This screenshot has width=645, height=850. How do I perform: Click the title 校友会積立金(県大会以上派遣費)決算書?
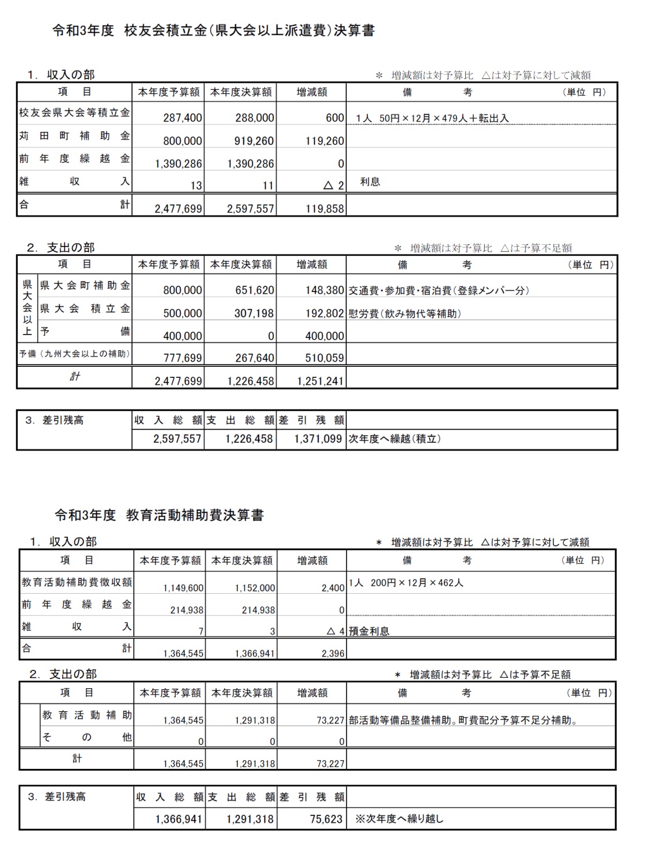(x=214, y=31)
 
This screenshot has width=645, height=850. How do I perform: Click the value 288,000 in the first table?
(x=255, y=118)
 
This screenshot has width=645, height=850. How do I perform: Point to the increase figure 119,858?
(x=325, y=209)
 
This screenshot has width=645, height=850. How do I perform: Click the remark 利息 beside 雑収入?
(x=370, y=182)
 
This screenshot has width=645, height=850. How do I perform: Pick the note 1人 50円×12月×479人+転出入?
(x=432, y=119)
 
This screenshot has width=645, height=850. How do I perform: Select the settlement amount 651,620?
(x=255, y=290)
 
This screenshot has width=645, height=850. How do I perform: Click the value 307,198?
(x=255, y=313)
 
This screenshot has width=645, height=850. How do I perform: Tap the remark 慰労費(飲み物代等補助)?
(x=404, y=314)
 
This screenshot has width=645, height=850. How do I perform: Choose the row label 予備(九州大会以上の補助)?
(x=74, y=354)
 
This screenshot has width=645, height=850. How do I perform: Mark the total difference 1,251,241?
(x=321, y=381)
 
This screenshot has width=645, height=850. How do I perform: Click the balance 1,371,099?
(x=318, y=439)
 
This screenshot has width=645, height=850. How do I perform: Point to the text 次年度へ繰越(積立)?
(x=394, y=439)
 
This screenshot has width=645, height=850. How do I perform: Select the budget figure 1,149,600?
(x=183, y=589)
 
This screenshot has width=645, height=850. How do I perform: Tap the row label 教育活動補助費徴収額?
(x=77, y=582)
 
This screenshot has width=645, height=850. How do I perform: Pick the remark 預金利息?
(x=369, y=631)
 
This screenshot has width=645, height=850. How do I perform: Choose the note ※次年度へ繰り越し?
(x=399, y=819)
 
